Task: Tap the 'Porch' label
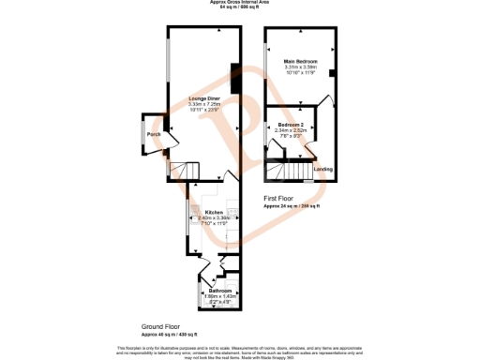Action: [153, 134]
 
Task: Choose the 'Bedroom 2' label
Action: [290, 125]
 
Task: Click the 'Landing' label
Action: [322, 169]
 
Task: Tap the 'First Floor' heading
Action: [278, 199]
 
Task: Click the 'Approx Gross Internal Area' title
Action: [239, 3]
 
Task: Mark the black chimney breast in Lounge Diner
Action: [233, 79]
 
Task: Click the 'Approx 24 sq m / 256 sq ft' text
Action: [291, 205]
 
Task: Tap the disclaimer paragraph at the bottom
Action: [239, 350]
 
